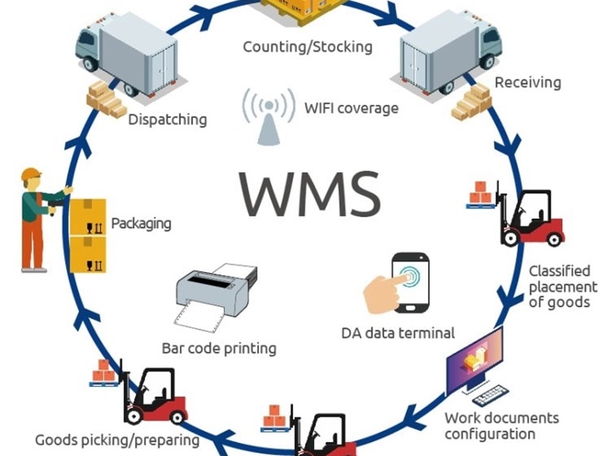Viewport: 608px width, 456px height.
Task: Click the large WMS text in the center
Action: [309, 192]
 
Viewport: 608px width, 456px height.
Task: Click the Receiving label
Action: [527, 82]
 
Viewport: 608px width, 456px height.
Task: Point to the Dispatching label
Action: [167, 120]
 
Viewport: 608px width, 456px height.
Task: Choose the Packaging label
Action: [141, 224]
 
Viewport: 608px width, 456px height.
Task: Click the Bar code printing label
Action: [219, 348]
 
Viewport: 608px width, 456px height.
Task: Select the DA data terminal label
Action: [398, 333]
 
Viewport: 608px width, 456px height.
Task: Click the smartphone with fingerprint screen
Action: [410, 283]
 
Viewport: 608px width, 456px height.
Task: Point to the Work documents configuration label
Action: [501, 426]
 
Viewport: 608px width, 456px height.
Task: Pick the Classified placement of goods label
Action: [559, 286]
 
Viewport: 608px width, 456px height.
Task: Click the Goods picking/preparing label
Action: [117, 439]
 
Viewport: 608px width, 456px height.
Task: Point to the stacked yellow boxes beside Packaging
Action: [87, 235]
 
